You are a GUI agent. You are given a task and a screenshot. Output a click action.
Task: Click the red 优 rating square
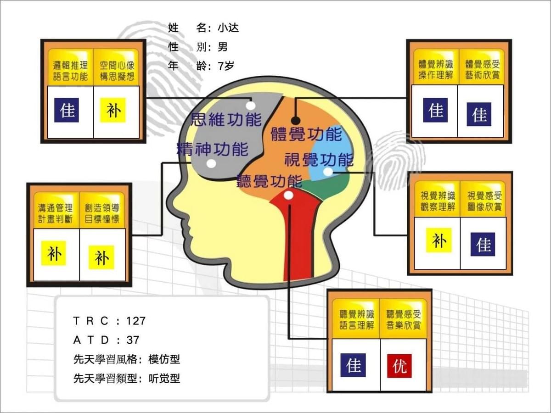pyautogui.click(x=399, y=366)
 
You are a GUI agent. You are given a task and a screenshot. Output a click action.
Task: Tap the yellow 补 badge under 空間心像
pyautogui.click(x=113, y=110)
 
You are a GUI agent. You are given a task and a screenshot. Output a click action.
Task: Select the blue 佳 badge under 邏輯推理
pyautogui.click(x=67, y=110)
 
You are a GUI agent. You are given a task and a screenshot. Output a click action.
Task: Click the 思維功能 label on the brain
pyautogui.click(x=226, y=119)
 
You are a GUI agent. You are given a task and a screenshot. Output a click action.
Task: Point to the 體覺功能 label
pyautogui.click(x=307, y=134)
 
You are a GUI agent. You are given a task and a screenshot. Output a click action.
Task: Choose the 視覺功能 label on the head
pyautogui.click(x=319, y=160)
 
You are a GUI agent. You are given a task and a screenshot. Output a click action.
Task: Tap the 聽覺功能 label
pyautogui.click(x=270, y=181)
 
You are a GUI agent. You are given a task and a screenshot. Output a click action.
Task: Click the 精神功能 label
pyautogui.click(x=213, y=149)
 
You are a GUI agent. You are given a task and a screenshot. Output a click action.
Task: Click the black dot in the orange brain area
pyautogui.click(x=296, y=121)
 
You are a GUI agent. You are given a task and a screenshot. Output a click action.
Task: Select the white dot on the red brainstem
pyautogui.click(x=289, y=195)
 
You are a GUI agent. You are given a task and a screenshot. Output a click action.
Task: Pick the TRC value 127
pyautogui.click(x=136, y=321)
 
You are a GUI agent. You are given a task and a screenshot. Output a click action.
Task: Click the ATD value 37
pyautogui.click(x=133, y=340)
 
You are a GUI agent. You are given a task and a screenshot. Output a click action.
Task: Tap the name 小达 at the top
pyautogui.click(x=228, y=28)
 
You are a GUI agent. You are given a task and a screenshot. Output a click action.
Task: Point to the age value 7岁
pyautogui.click(x=226, y=66)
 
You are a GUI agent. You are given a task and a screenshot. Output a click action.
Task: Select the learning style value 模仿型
pyautogui.click(x=164, y=359)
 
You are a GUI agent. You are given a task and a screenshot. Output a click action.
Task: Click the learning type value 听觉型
pyautogui.click(x=164, y=379)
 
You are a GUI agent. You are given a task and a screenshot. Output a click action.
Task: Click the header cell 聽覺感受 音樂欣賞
pyautogui.click(x=404, y=320)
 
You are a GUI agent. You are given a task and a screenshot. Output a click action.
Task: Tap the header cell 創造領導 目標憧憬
pyautogui.click(x=102, y=213)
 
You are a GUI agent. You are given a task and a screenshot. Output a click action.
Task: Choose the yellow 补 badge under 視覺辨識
pyautogui.click(x=439, y=240)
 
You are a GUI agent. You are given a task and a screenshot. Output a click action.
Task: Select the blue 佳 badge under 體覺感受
pyautogui.click(x=479, y=114)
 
